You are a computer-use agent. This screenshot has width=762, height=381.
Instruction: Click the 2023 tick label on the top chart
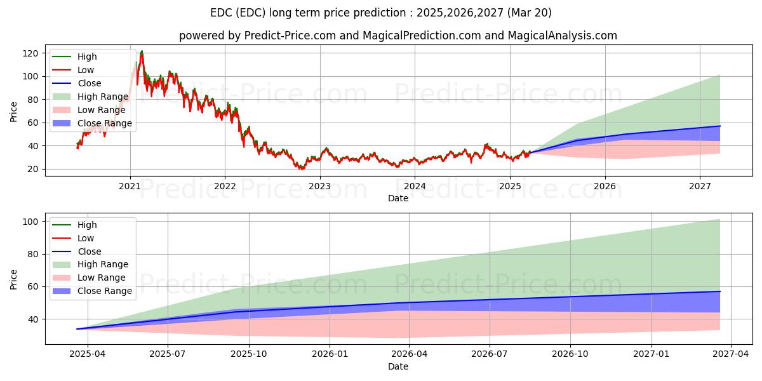tap(319, 186)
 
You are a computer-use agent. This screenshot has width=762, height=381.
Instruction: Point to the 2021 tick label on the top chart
tap(130, 186)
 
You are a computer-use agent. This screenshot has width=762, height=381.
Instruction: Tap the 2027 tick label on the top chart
tap(700, 186)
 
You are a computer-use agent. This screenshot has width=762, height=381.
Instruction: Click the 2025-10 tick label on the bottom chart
tap(249, 354)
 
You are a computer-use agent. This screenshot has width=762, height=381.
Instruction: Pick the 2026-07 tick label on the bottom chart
tap(490, 354)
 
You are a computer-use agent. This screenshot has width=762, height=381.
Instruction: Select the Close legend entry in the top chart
tap(89, 83)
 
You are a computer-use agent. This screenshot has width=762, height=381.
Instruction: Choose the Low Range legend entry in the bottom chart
tap(102, 277)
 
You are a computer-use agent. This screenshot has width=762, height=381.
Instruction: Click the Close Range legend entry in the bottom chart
tap(105, 291)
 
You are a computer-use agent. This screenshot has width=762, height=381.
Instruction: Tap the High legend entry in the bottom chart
tap(87, 225)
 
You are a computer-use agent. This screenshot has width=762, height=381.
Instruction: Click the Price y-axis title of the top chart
tap(14, 111)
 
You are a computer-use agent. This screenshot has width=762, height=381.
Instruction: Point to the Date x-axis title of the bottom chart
tap(398, 366)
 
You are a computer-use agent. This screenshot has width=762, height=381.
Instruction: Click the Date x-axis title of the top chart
tap(398, 198)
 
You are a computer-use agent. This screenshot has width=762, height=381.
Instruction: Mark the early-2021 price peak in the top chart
tap(141, 51)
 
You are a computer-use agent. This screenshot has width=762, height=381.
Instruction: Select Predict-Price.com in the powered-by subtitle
tap(290, 36)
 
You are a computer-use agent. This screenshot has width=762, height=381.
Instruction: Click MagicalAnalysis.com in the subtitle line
tap(562, 36)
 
